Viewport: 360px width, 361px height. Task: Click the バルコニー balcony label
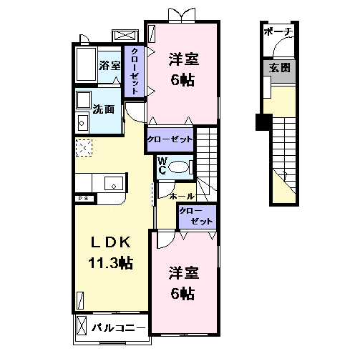[x=119, y=328]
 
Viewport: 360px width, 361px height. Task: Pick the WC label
[x=162, y=166]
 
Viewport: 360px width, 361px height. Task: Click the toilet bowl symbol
[x=181, y=167]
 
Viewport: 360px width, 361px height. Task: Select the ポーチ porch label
[x=277, y=32]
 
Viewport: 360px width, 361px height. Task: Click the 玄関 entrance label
[x=280, y=68]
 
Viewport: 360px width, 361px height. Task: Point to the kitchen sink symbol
[x=112, y=184]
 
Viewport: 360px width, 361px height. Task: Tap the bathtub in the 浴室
[x=86, y=66]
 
